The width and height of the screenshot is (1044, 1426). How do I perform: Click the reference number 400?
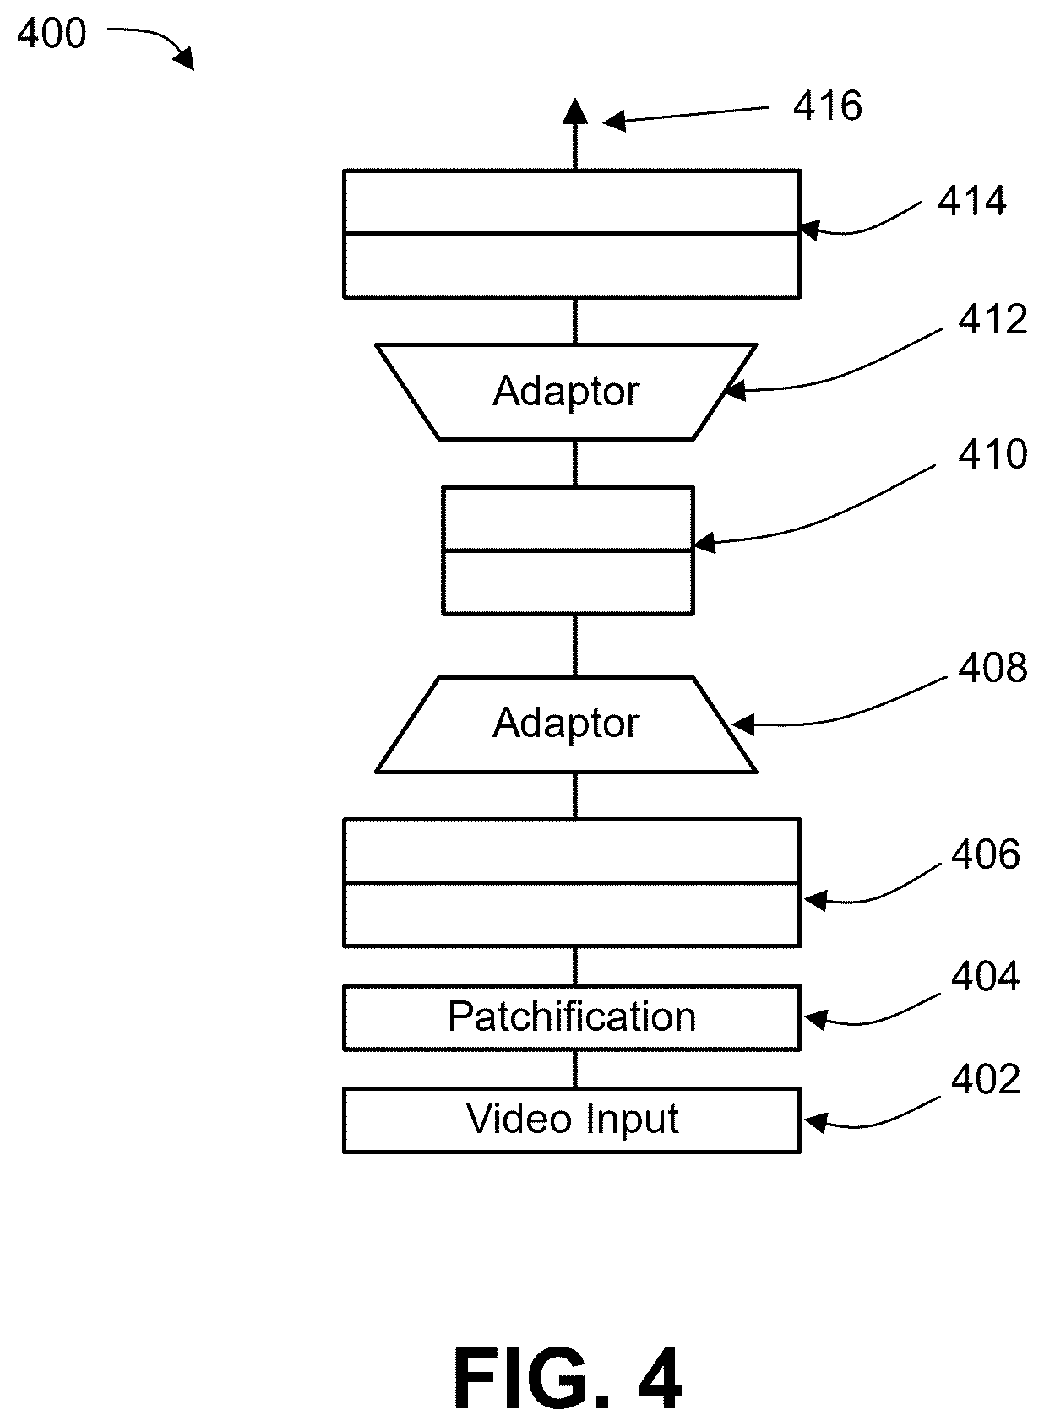(52, 34)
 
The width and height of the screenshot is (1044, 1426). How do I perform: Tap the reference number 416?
(828, 106)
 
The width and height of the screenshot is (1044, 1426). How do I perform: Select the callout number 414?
(972, 201)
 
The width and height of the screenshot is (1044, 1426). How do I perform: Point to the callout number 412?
(992, 319)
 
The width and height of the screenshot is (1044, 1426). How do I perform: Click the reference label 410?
(992, 454)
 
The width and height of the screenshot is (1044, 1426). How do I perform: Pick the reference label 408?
(992, 668)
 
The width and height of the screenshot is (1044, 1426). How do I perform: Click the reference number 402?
(986, 1079)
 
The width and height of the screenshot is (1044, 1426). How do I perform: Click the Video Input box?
(571, 1120)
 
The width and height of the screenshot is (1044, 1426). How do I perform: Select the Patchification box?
(571, 1018)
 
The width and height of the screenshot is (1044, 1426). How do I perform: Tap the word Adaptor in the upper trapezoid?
(566, 391)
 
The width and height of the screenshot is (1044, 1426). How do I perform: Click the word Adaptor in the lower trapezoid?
(566, 724)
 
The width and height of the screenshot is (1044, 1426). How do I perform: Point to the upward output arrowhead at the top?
(575, 111)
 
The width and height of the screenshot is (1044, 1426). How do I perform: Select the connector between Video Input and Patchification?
(575, 1070)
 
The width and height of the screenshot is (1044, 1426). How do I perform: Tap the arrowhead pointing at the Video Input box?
(815, 1123)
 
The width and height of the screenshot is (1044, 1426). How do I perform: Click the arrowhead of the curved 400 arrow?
(185, 59)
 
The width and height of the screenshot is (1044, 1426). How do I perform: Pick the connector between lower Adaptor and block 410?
(575, 645)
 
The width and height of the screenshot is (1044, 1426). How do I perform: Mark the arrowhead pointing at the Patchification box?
(815, 1020)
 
